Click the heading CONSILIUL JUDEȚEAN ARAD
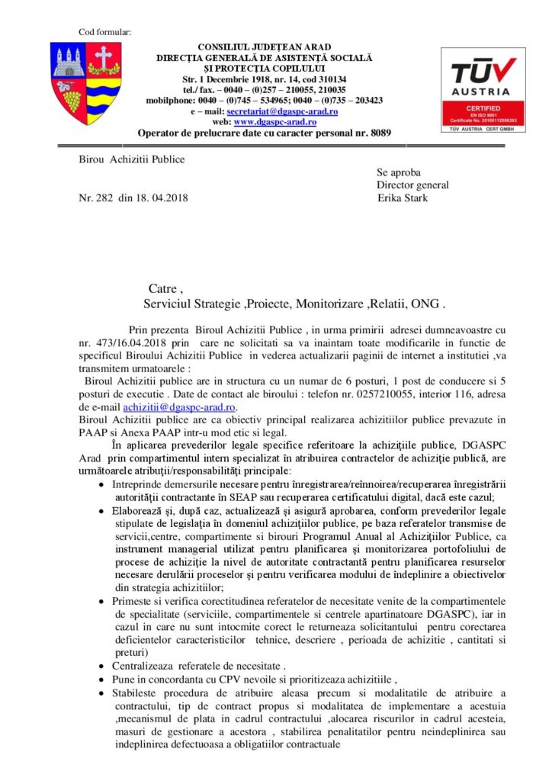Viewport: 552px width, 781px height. coord(265,48)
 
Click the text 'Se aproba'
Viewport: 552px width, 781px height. coord(398,173)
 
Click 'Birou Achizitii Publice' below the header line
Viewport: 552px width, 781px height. coord(131,159)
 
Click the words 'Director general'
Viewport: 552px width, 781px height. coord(412,185)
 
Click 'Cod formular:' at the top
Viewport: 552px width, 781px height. coord(105,31)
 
